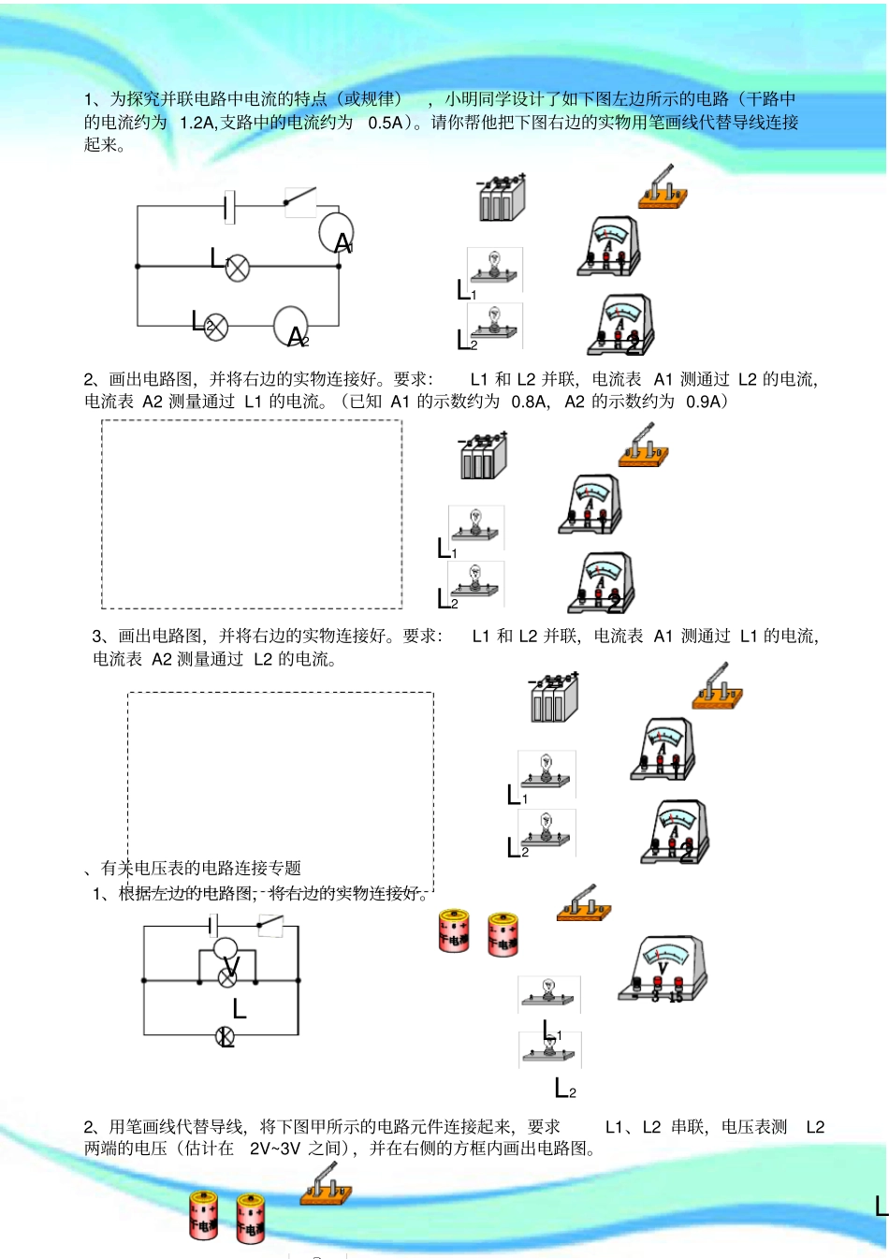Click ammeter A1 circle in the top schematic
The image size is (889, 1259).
pos(335,231)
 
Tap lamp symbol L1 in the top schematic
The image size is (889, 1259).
pos(239,267)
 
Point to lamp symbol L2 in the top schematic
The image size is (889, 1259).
pos(216,326)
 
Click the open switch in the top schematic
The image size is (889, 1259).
pos(300,198)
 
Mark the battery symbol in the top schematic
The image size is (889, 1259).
pos(229,207)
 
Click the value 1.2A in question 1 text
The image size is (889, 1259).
pos(197,123)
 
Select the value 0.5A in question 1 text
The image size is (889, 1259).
pos(386,123)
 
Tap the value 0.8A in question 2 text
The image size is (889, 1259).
pos(529,402)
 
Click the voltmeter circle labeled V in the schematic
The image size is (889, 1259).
pos(226,949)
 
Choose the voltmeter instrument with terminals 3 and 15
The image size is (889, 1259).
pos(663,969)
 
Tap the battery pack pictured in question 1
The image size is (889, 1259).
pos(502,198)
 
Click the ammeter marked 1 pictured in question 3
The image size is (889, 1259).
pos(663,750)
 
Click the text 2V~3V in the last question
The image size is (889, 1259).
pos(274,1149)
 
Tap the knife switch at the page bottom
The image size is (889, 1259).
pos(326,1185)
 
